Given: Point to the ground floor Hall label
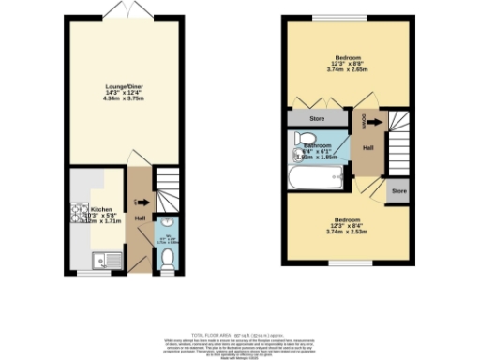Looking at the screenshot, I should (140, 217).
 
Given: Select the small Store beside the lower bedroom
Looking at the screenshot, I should (398, 191).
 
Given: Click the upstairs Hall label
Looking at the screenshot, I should (368, 147).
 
